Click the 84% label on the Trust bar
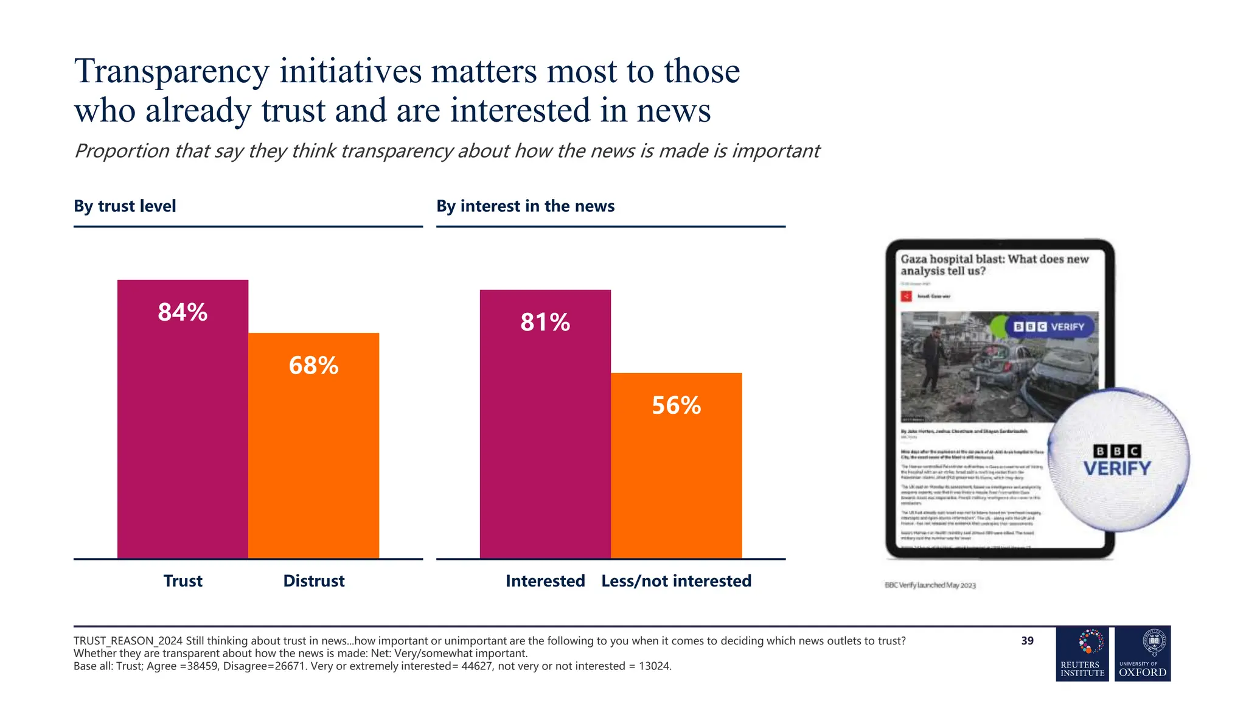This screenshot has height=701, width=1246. (183, 312)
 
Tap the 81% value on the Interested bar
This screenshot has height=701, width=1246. (545, 322)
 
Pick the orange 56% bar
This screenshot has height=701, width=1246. (676, 475)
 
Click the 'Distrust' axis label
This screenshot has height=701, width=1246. (314, 581)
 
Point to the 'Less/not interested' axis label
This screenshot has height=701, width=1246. (676, 581)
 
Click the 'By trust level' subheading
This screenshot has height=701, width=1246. (125, 206)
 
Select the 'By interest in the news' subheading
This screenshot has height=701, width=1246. (525, 206)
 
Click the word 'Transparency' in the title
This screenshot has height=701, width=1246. (172, 71)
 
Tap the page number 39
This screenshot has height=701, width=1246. (1027, 641)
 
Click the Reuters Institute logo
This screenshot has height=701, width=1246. (1082, 654)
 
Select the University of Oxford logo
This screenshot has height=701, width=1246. (1143, 654)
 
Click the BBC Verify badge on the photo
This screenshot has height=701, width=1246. (1049, 327)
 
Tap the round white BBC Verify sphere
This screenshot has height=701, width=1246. (1118, 461)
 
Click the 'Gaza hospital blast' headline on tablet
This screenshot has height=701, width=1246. (994, 265)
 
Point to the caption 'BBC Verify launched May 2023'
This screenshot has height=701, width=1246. (930, 585)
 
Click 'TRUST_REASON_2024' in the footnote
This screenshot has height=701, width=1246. (128, 641)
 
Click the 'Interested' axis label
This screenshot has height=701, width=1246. (545, 581)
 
